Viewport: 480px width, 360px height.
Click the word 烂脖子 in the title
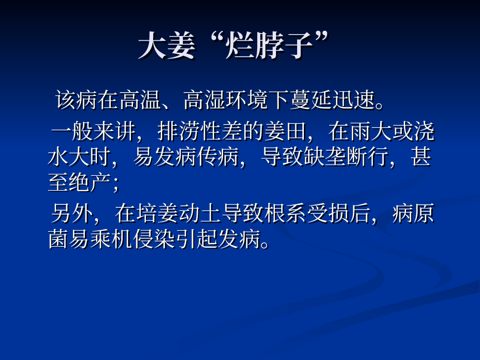269,46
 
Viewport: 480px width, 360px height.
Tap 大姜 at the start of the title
167,46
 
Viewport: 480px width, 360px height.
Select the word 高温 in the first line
140,100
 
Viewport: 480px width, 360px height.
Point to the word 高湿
204,100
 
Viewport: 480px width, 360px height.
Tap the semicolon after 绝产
115,185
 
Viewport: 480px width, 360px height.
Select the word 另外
72,213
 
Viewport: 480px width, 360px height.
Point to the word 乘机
111,239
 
